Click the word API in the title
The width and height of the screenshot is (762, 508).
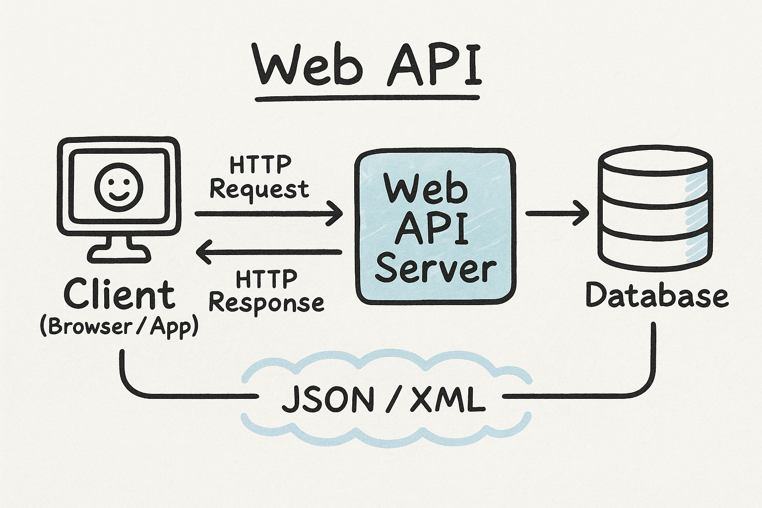pos(435,64)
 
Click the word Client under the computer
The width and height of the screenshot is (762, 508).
pos(119,295)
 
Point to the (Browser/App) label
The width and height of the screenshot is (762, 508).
pos(119,326)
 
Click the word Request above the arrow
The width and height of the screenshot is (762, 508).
pos(259,190)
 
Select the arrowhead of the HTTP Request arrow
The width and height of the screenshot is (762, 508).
pos(335,213)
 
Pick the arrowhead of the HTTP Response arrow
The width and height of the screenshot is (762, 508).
pos(203,252)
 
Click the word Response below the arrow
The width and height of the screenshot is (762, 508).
pos(266,303)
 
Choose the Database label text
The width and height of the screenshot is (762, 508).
pos(657,296)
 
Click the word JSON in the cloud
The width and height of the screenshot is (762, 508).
pos(327,400)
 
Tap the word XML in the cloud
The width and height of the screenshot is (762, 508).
pos(447,400)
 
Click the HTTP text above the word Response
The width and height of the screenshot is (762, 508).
pos(266,279)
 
